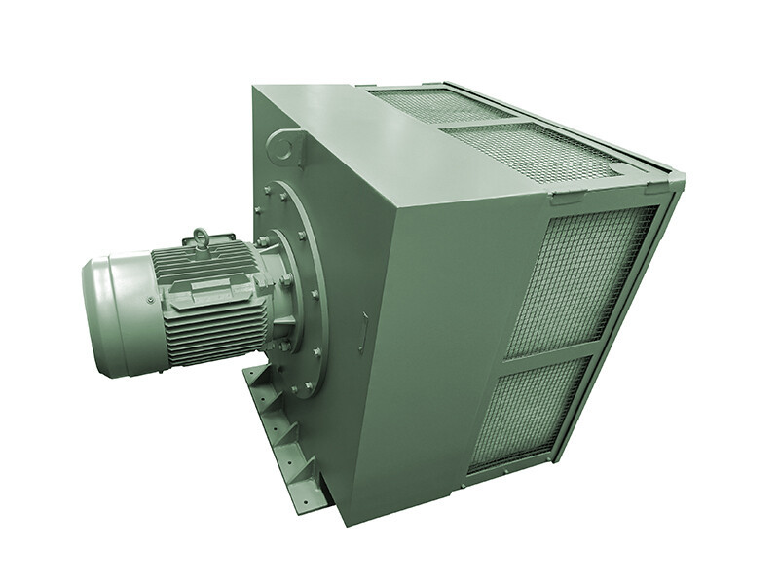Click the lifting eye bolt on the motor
tap(202, 237)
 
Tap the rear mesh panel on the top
tap(438, 105)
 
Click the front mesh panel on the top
tap(540, 151)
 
